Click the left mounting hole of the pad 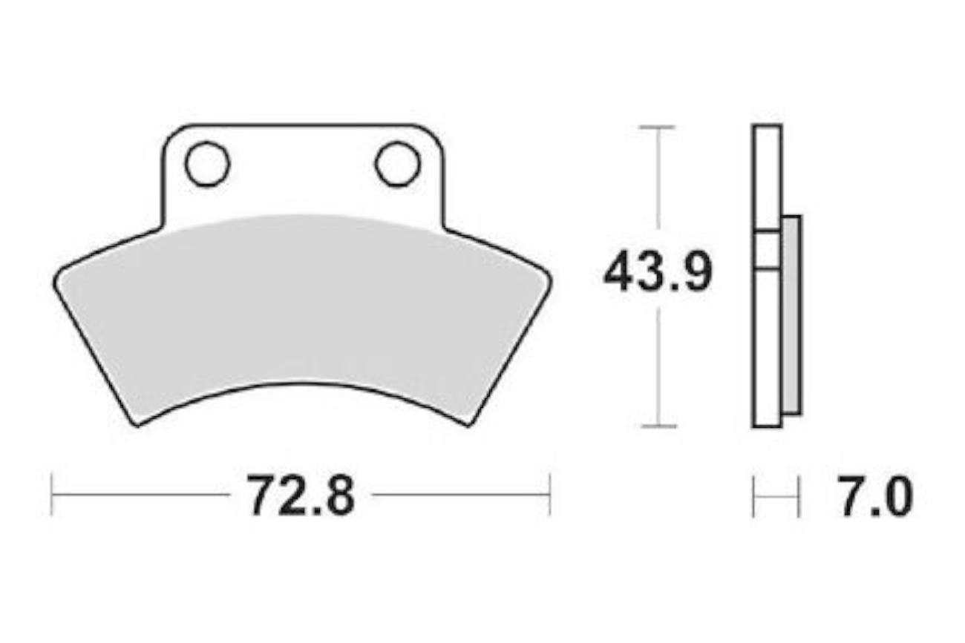pyautogui.click(x=207, y=164)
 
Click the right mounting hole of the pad pyautogui.click(x=397, y=164)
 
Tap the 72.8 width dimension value pyautogui.click(x=301, y=495)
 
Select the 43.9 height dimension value pyautogui.click(x=658, y=271)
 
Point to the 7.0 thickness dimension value pyautogui.click(x=875, y=496)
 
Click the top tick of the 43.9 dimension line pyautogui.click(x=657, y=128)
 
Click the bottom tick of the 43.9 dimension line pyautogui.click(x=658, y=426)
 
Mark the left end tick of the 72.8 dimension pyautogui.click(x=51, y=495)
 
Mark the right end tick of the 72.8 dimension pyautogui.click(x=550, y=495)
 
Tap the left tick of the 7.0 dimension pyautogui.click(x=753, y=497)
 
